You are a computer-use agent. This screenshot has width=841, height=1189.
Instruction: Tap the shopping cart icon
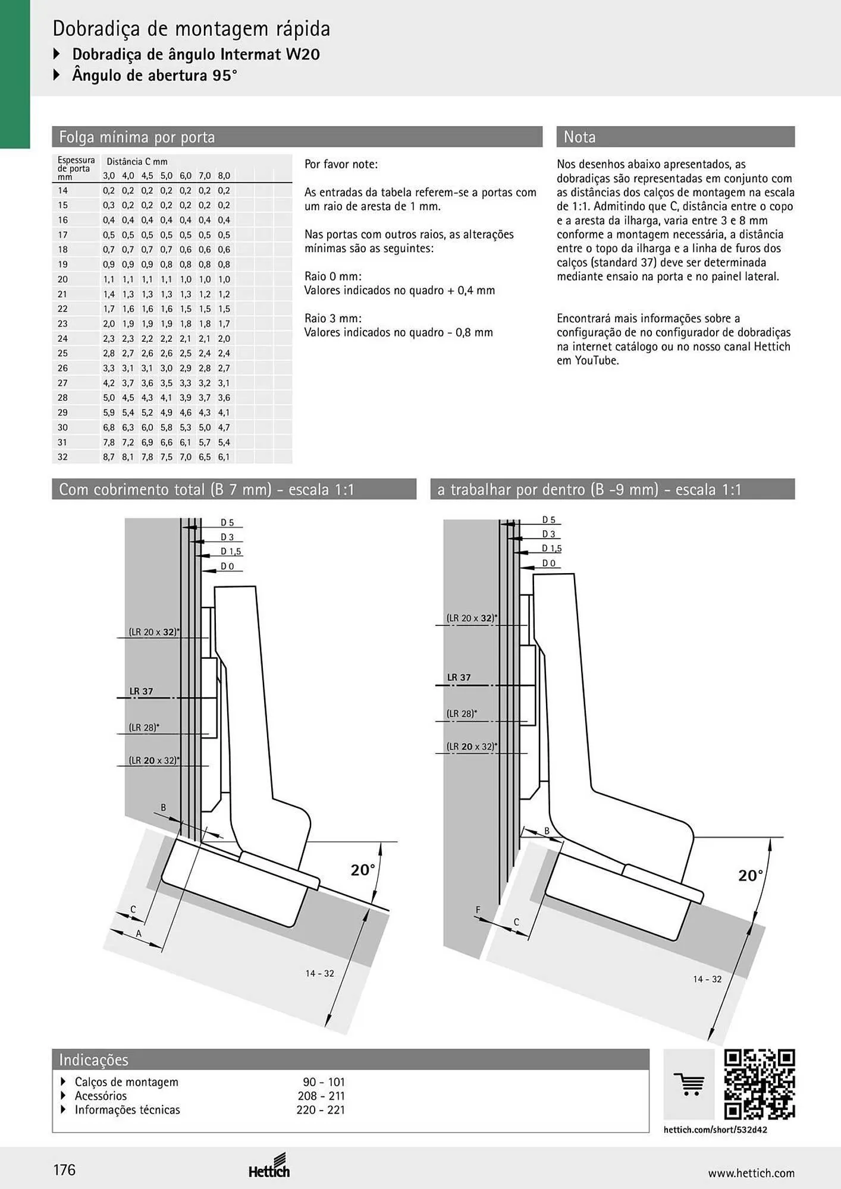[x=689, y=1084]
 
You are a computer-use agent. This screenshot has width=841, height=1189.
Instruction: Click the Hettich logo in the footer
[x=269, y=1166]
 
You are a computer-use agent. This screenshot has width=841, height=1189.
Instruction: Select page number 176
[x=65, y=1170]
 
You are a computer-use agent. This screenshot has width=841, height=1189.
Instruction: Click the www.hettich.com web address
[x=751, y=1173]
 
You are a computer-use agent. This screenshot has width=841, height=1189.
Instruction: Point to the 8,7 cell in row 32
[x=109, y=457]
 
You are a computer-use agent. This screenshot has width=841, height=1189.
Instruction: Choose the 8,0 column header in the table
[x=224, y=175]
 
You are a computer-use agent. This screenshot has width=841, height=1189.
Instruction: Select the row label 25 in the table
[x=62, y=353]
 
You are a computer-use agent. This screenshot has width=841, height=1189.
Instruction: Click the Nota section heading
[x=579, y=137]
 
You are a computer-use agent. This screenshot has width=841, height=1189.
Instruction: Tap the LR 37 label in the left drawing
[x=142, y=691]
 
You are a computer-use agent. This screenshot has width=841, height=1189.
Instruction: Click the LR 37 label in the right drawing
[x=459, y=677]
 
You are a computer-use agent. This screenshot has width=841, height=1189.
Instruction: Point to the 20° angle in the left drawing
[x=363, y=870]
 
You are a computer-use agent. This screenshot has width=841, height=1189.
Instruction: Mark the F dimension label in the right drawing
[x=478, y=910]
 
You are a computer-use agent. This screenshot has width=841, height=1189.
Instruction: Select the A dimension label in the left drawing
[x=139, y=933]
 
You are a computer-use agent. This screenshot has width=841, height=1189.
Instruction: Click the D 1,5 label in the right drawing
[x=551, y=548]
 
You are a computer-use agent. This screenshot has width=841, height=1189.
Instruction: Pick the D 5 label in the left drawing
[x=227, y=523]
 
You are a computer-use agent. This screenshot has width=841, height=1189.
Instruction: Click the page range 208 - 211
[x=321, y=1096]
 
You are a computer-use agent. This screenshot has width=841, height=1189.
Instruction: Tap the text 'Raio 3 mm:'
[x=333, y=318]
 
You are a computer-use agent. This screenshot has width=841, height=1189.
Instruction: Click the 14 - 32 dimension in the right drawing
[x=707, y=979]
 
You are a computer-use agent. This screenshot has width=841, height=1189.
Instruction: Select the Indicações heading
[x=93, y=1059]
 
